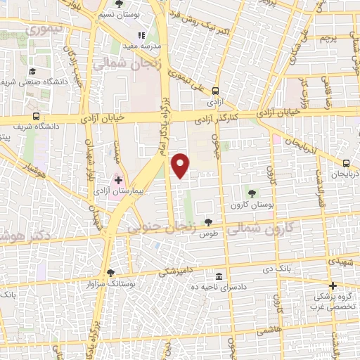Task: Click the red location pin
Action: point(181,164)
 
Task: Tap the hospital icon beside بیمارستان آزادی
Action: point(118,180)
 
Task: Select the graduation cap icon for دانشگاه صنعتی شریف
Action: point(32,71)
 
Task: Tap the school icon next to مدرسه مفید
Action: point(141,34)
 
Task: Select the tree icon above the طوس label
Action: point(207,222)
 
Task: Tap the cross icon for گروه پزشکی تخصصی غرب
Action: point(333,285)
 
